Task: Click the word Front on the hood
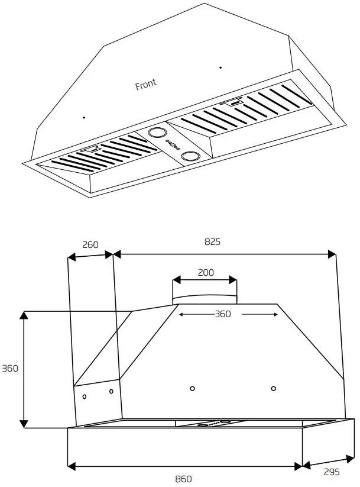pyautogui.click(x=146, y=85)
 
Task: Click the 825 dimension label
pyautogui.click(x=213, y=241)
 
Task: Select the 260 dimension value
pyautogui.click(x=90, y=244)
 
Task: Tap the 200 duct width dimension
pyautogui.click(x=206, y=273)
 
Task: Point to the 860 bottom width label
pyautogui.click(x=184, y=479)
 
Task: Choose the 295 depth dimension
pyautogui.click(x=332, y=472)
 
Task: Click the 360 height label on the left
pyautogui.click(x=9, y=368)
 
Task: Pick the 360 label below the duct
pyautogui.click(x=222, y=314)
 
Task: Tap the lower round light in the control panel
pyautogui.click(x=190, y=156)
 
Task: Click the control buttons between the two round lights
pyautogui.click(x=173, y=144)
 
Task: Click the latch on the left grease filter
pyautogui.click(x=91, y=149)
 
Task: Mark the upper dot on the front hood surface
pyautogui.click(x=220, y=67)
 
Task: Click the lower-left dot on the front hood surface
pyautogui.click(x=84, y=117)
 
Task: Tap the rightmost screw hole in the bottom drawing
pyautogui.click(x=273, y=388)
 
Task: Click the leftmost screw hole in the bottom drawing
pyautogui.click(x=85, y=395)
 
